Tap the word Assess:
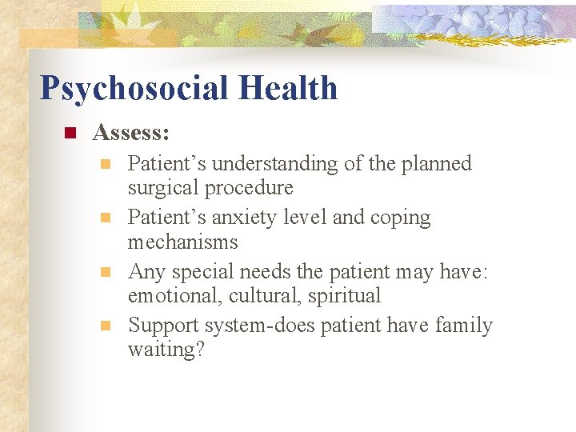[130, 132]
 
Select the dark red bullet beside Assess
[70, 133]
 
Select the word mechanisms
[182, 242]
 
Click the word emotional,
[175, 296]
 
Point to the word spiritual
[346, 296]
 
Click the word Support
[164, 326]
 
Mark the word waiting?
[166, 350]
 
